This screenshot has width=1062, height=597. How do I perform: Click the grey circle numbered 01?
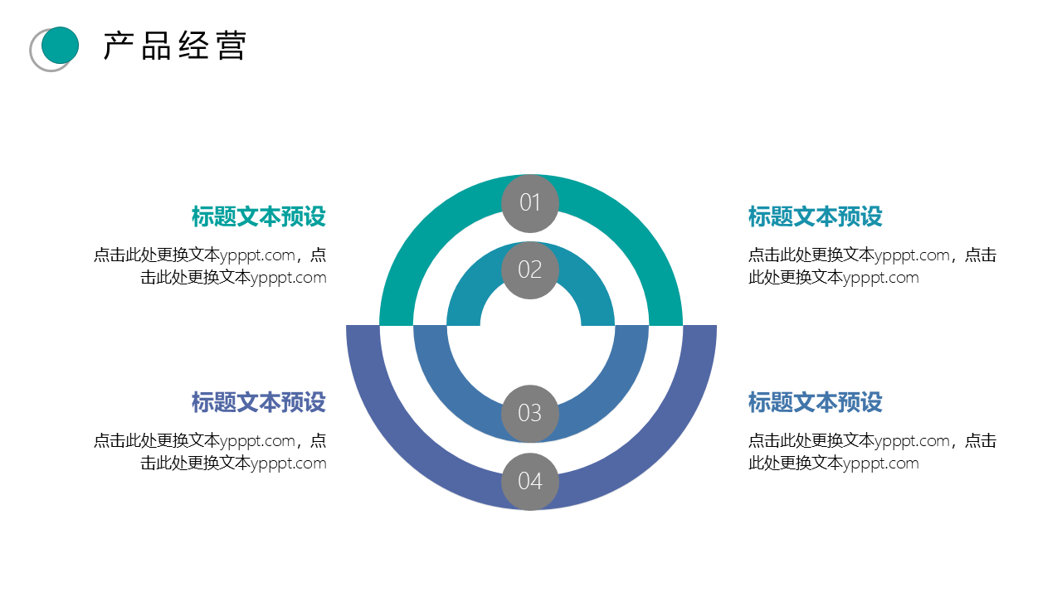(530, 203)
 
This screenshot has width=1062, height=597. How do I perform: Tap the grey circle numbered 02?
(530, 270)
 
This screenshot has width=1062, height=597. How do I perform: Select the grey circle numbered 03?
(530, 414)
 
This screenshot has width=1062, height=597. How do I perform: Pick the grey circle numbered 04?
(530, 482)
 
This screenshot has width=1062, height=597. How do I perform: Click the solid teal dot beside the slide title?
(61, 45)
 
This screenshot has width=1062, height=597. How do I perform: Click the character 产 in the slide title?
(118, 46)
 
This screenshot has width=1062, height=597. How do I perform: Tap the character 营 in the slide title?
(231, 46)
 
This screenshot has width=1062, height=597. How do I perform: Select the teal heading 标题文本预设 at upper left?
(258, 216)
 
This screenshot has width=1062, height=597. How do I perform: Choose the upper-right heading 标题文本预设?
(815, 216)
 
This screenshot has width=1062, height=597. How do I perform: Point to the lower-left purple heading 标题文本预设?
(258, 402)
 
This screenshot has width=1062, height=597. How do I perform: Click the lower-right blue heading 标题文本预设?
(815, 402)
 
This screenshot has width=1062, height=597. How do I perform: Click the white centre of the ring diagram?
(531, 341)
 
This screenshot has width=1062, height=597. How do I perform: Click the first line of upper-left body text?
(210, 255)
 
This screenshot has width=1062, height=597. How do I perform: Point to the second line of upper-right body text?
(834, 278)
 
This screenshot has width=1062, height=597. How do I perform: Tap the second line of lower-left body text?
(233, 464)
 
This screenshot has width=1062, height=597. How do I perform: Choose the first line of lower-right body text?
(872, 441)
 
